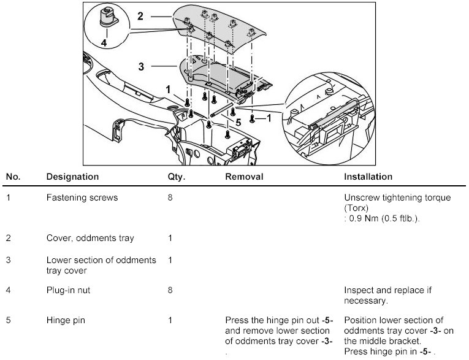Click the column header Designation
tap(72, 177)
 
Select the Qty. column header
tap(176, 177)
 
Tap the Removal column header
tap(244, 177)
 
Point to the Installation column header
tap(368, 177)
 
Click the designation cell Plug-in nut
tap(68, 290)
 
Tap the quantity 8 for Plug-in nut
tap(170, 290)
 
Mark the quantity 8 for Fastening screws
tap(170, 199)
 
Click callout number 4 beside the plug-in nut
tap(103, 43)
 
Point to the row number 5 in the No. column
tap(8, 320)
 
